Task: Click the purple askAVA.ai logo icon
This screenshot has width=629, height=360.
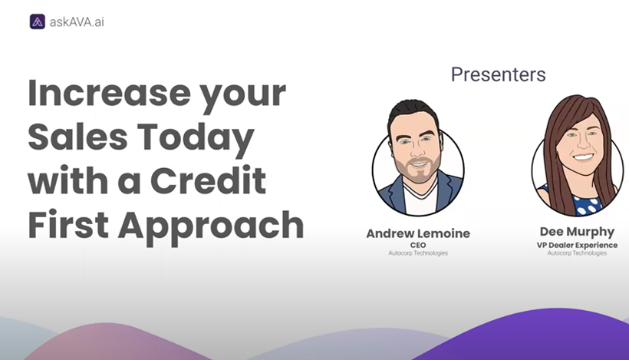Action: pos(38,21)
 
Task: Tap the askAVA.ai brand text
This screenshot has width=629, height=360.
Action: pos(77,22)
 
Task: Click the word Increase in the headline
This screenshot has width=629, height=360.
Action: pos(109,93)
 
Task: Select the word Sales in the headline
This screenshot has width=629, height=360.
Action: pos(77,137)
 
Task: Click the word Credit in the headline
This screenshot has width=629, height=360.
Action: pos(208,180)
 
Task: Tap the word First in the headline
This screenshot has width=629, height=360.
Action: pos(68,224)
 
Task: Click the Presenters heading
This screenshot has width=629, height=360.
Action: pos(499,74)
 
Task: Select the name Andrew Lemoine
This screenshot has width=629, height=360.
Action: pos(418,233)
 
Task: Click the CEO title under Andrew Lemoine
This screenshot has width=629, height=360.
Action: pos(418,245)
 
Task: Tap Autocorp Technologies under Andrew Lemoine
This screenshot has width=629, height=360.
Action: pos(418,253)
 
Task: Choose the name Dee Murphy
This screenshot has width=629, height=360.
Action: pos(577,232)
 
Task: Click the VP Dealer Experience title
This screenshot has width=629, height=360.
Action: pos(577,245)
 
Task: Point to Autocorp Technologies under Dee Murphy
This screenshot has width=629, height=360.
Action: pos(577,253)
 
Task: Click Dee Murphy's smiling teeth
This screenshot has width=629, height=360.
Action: pos(583,157)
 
